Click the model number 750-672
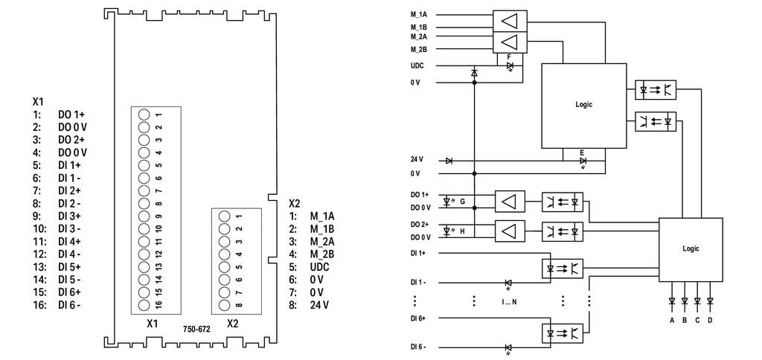pos(196,329)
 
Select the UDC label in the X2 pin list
pos(319,267)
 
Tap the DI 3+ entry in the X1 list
pos(69,216)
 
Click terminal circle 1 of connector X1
pos(144,115)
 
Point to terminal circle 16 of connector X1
pos(144,305)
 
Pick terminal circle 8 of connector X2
pos(224,305)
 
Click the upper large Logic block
pos(584,106)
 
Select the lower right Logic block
pos(691,249)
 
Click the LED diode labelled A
pos(672,301)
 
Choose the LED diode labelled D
pos(710,301)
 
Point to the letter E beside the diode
pos(582,152)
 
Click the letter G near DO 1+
pos(462,201)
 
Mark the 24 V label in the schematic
pos(417,159)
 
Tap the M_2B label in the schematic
pos(419,49)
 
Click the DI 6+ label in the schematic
pos(418,318)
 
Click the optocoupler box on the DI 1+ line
pos(562,268)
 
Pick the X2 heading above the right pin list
pos(295,202)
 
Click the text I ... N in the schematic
pos(510,302)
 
